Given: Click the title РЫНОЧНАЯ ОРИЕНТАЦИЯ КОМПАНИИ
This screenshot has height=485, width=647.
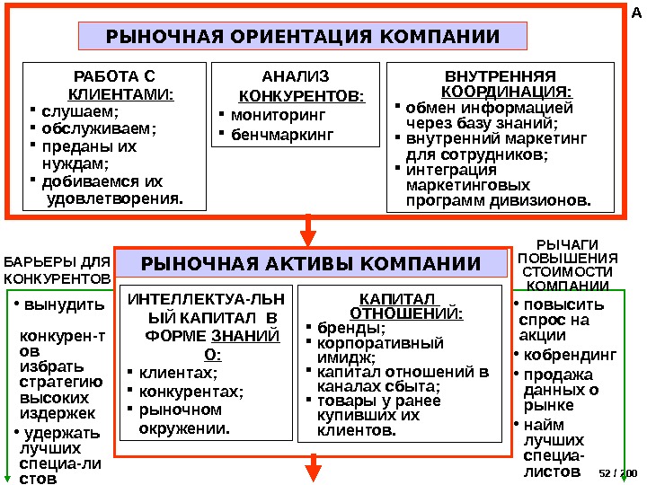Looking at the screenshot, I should [302, 37].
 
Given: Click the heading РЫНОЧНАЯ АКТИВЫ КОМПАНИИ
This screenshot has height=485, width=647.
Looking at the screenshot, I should [311, 263].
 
